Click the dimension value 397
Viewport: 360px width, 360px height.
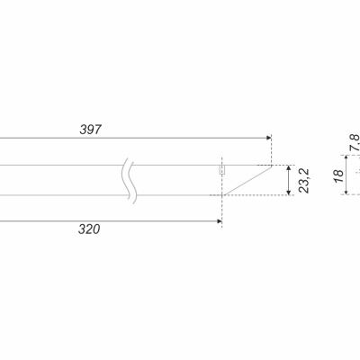tap(91, 130)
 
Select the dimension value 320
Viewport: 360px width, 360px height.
tap(89, 229)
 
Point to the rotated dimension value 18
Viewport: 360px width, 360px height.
tap(338, 175)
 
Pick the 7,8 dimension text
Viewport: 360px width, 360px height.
tap(355, 142)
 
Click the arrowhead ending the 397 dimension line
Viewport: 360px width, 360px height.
tap(268, 138)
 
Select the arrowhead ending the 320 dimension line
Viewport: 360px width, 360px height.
tap(220, 221)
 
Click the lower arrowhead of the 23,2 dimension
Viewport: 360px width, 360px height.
tap(289, 192)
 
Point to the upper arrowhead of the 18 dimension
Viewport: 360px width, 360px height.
tap(346, 157)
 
